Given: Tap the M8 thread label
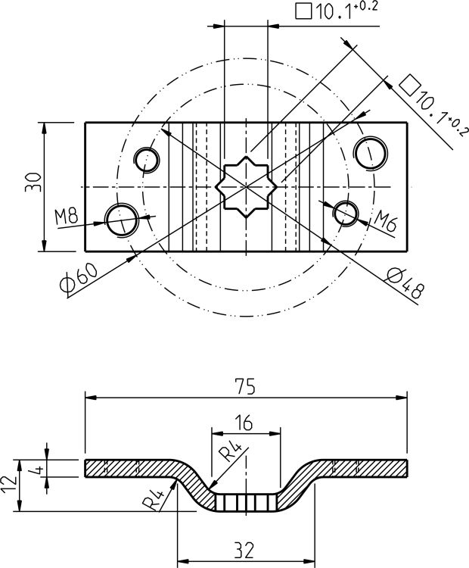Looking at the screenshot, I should pyautogui.click(x=67, y=216).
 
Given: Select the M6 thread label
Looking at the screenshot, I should pyautogui.click(x=387, y=223).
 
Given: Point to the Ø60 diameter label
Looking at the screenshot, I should pyautogui.click(x=77, y=277).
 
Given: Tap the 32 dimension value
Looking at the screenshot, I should pyautogui.click(x=244, y=551).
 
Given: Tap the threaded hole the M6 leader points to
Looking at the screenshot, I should pyautogui.click(x=346, y=212).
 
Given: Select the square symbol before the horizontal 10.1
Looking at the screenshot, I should pyautogui.click(x=304, y=12).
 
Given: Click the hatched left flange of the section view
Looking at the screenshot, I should pyautogui.click(x=129, y=467).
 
